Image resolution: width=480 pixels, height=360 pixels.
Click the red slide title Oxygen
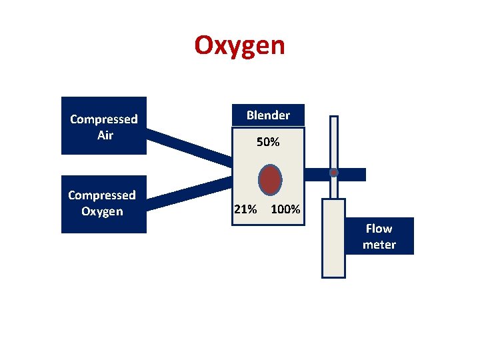pos(239,46)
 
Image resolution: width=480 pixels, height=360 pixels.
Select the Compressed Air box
pos(103,126)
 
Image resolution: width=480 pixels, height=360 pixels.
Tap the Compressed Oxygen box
pos(103,203)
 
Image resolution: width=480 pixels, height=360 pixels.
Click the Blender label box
pos(268,115)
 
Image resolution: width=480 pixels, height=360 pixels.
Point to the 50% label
pos(268,142)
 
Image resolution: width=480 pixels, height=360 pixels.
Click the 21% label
pos(245,209)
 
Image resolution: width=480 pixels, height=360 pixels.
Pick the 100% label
pos(285,209)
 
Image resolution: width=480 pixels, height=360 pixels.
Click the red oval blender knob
pos(269,180)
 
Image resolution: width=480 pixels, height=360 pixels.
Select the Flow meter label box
pos(379,236)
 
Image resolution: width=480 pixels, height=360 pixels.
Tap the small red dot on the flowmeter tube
pos(334,173)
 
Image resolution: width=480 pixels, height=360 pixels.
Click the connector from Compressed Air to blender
pos(189,147)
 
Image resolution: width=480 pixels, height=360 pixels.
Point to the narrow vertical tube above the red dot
pos(334,140)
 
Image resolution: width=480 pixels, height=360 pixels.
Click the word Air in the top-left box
pos(105,135)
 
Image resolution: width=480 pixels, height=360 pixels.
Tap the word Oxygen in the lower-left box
pos(102,211)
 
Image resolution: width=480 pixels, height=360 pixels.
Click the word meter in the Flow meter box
pos(379,245)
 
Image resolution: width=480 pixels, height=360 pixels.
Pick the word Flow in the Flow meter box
pos(379,229)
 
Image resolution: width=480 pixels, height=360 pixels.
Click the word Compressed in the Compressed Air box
pos(103,119)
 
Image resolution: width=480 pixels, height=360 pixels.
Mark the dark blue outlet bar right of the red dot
pos(353,174)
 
